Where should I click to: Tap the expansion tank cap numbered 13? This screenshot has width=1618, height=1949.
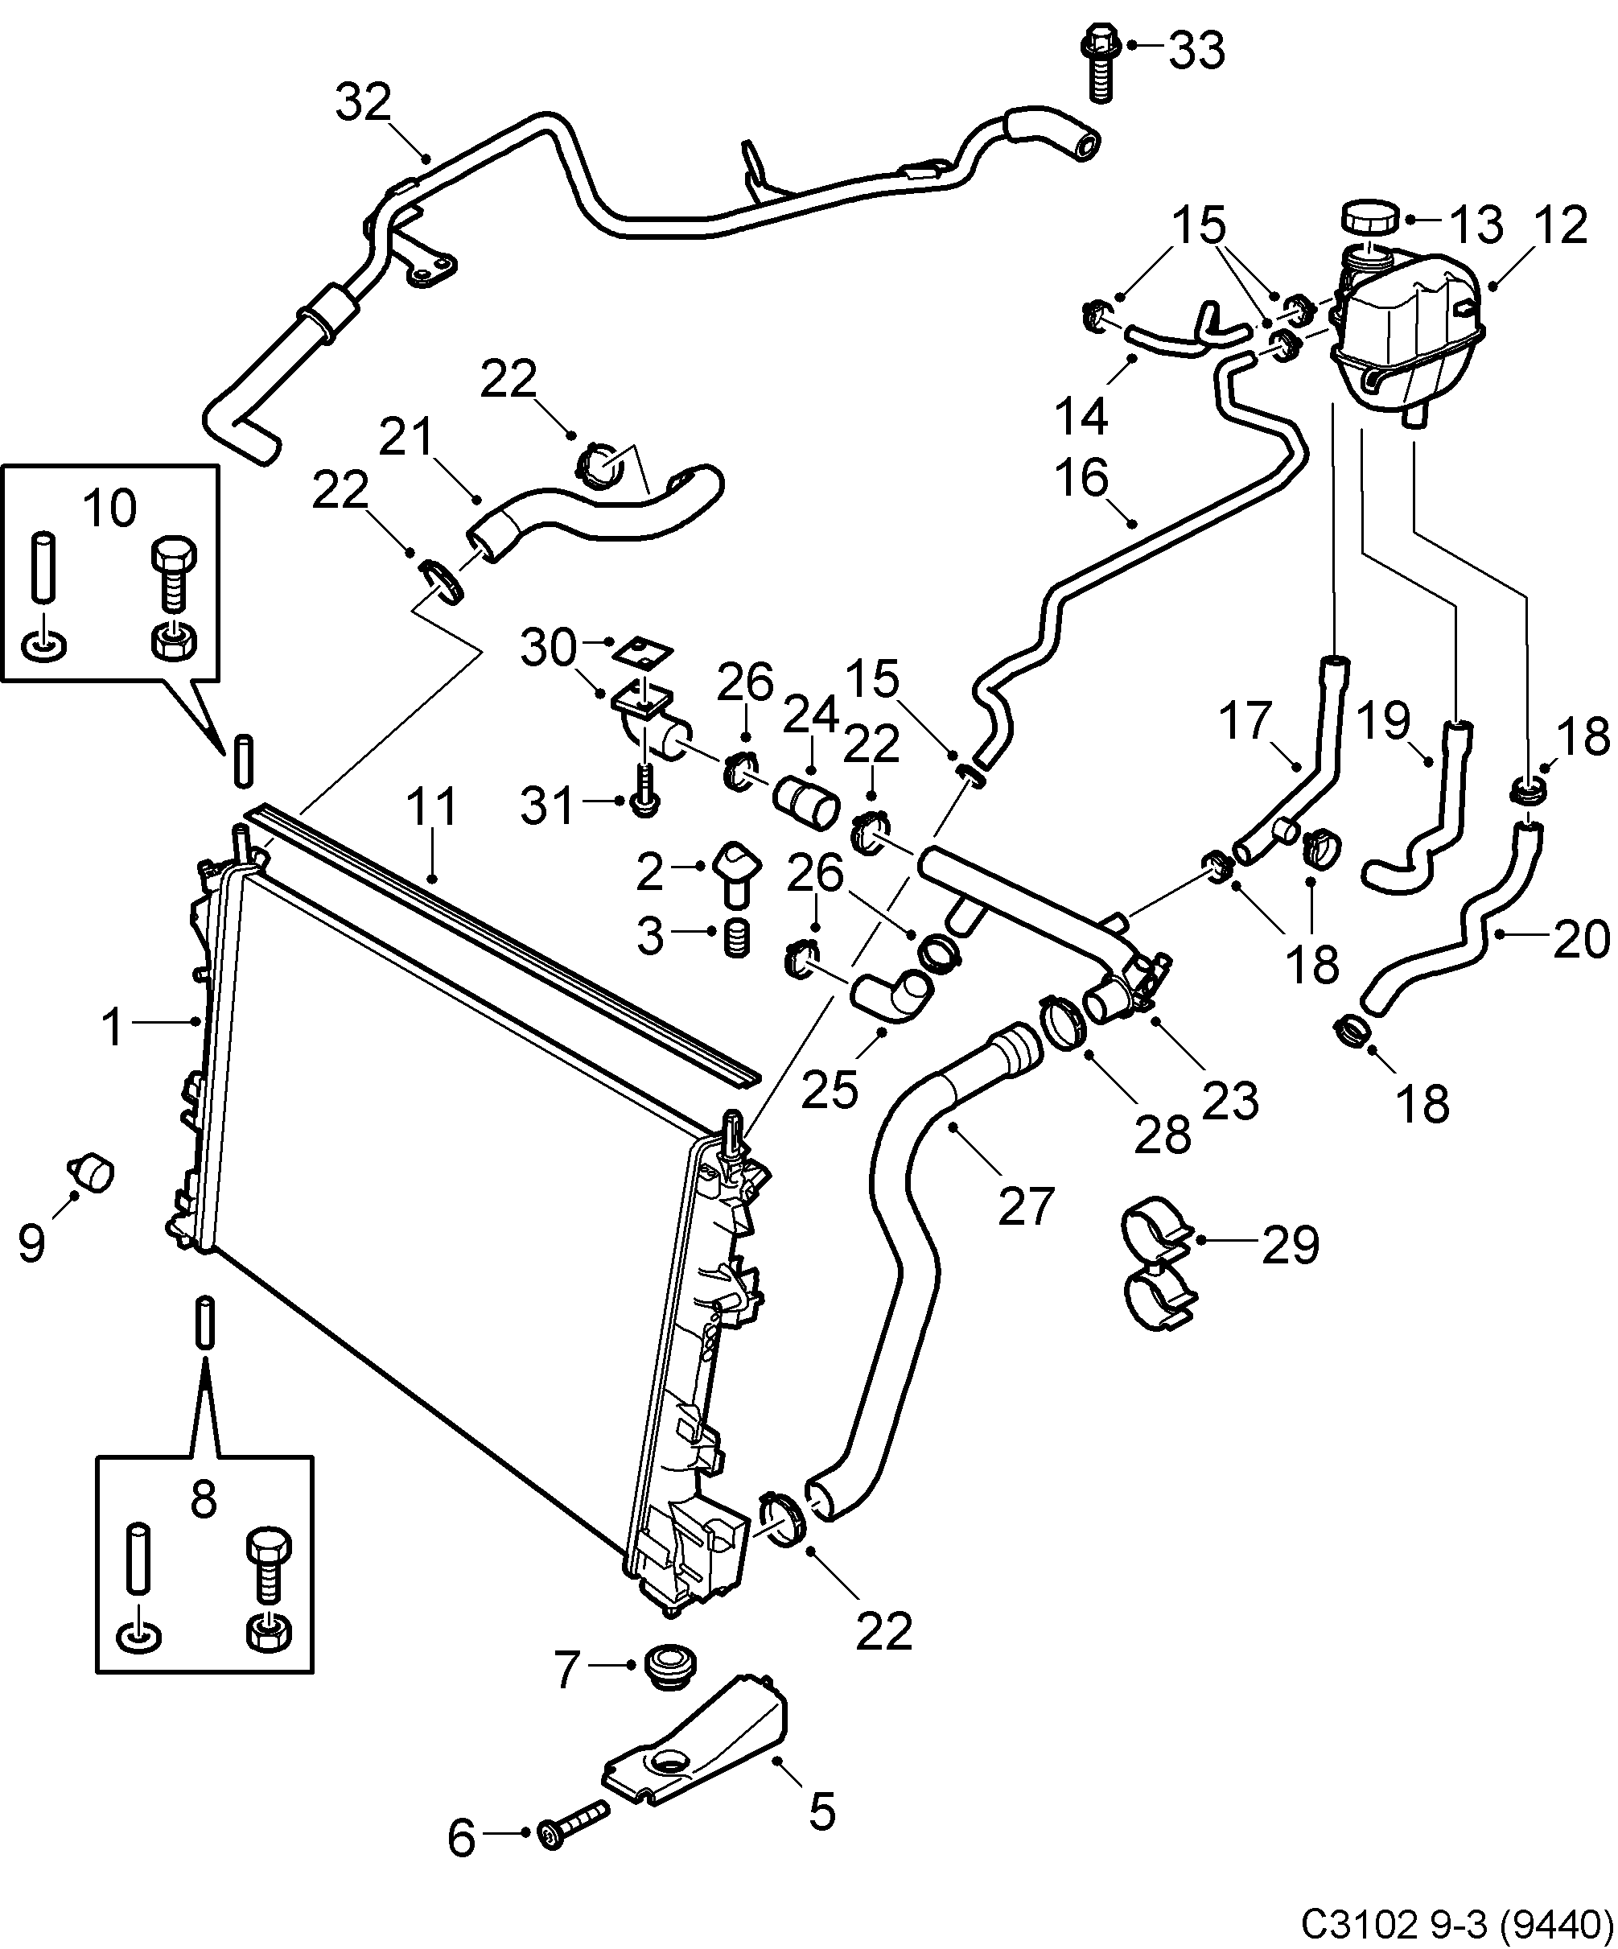[1371, 220]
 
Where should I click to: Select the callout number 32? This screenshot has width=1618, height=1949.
[364, 103]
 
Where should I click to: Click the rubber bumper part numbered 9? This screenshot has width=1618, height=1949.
[91, 1172]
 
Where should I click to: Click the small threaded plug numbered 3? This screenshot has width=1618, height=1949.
[735, 938]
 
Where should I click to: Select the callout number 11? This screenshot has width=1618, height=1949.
[432, 807]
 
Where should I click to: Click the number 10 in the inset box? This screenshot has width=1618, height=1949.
[110, 508]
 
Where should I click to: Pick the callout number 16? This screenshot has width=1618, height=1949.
[1082, 478]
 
